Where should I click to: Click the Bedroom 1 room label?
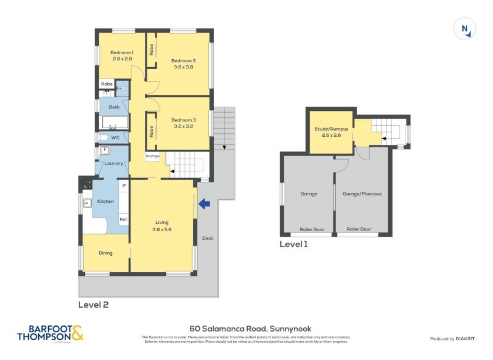122,52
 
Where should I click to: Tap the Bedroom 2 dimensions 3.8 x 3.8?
183,67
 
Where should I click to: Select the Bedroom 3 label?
183,120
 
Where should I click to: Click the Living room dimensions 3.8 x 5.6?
162,229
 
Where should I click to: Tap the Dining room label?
106,253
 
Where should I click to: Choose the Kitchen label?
105,202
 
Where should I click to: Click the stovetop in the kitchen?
88,184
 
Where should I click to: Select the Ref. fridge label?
123,219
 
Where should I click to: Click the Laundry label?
113,163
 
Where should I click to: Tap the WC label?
115,137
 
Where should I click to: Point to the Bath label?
114,107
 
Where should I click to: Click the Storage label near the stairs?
153,157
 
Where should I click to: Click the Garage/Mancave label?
362,194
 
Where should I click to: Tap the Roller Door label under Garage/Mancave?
359,229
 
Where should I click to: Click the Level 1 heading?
293,244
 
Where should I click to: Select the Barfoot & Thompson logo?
50,333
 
